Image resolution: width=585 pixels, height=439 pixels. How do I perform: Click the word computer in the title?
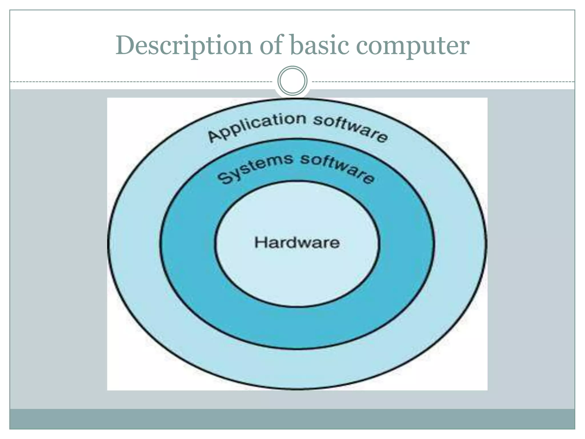pos(413,46)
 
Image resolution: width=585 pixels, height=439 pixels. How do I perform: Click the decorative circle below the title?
pos(292,81)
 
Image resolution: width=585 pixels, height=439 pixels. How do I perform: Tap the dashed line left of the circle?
pos(143,82)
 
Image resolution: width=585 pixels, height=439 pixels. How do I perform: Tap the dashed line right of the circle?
pos(443,82)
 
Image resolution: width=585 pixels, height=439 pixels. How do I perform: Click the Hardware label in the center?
pos(297,243)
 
